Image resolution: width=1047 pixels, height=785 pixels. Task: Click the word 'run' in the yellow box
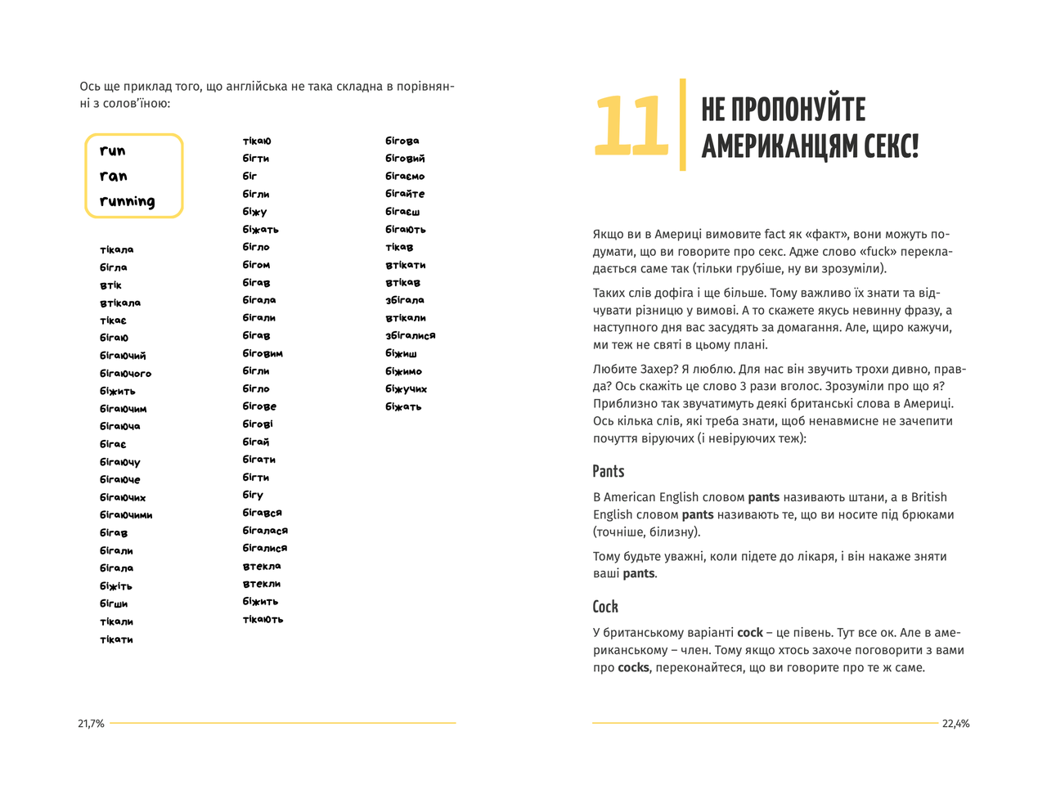tap(113, 151)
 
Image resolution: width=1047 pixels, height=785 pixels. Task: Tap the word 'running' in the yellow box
tap(127, 202)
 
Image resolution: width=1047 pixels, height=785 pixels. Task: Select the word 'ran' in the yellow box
tap(114, 177)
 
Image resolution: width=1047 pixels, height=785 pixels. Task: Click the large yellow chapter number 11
tap(631, 126)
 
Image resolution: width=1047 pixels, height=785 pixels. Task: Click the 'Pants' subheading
tap(609, 472)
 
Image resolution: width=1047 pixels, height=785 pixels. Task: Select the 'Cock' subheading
tap(605, 607)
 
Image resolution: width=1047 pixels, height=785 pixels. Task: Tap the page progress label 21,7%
tap(91, 724)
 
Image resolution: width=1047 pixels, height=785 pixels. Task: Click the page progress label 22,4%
tap(955, 724)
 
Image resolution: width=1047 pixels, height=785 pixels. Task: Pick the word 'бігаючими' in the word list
tap(126, 515)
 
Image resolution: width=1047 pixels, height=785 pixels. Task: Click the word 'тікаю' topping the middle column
tap(257, 141)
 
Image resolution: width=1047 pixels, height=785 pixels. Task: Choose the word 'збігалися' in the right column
tap(411, 335)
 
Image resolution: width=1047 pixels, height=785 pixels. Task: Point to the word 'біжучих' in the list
tap(407, 389)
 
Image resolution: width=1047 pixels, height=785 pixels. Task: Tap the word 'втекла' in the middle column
tap(262, 566)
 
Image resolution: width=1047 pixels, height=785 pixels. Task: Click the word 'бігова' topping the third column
tap(402, 141)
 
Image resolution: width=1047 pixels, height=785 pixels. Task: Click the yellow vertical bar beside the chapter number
tap(683, 125)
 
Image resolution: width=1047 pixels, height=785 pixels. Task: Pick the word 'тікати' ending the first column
tap(116, 639)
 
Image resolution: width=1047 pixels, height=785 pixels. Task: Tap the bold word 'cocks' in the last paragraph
tap(633, 668)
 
